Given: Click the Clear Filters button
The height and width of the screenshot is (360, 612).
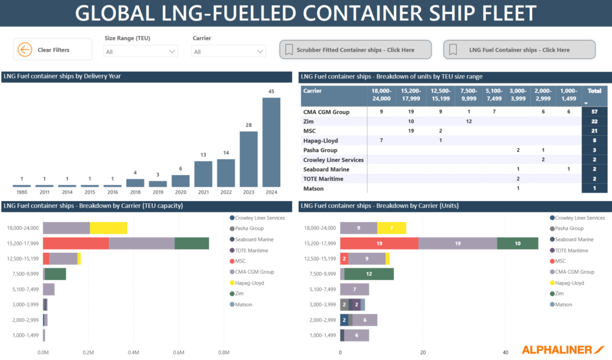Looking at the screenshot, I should click(53, 50).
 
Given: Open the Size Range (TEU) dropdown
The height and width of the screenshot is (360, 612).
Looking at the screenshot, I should click(141, 52).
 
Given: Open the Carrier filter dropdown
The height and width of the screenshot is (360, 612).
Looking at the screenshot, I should click(228, 52).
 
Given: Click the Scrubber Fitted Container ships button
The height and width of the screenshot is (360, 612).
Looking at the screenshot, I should click(356, 50).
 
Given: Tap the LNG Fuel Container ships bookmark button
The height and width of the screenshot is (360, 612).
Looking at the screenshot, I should click(519, 50).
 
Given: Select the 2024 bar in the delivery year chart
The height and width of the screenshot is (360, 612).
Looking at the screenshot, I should click(271, 142).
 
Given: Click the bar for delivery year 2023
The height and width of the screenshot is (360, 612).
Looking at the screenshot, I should click(249, 158).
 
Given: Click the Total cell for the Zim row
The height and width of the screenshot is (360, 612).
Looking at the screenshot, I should click(594, 121).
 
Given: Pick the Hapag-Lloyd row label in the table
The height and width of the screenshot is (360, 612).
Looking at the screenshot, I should click(320, 141).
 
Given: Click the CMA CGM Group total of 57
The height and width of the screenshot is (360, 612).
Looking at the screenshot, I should click(594, 112).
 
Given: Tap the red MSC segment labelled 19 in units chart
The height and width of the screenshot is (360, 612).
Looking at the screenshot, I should click(379, 243).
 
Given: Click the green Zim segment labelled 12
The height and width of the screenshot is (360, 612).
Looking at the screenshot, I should click(369, 274).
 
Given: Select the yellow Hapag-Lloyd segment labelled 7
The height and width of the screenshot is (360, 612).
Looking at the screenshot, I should click(391, 227).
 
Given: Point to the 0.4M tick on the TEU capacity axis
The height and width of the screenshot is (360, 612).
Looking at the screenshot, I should click(133, 352).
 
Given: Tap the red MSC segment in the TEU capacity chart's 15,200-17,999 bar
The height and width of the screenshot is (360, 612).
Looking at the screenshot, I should click(76, 243).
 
